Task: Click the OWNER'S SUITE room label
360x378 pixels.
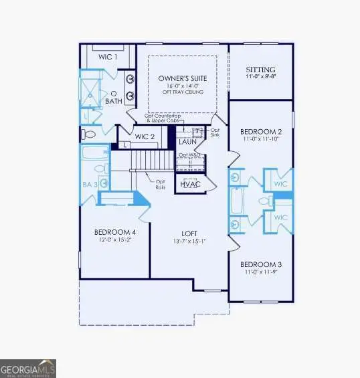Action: tap(182, 78)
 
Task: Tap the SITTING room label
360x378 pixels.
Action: tap(260, 70)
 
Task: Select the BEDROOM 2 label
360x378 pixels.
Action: tap(260, 132)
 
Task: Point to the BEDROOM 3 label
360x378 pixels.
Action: tap(260, 264)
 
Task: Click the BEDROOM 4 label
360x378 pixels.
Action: tap(113, 231)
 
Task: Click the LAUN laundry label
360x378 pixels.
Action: tap(187, 142)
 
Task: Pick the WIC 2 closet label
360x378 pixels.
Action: tap(145, 137)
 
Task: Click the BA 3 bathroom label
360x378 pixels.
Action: tap(90, 183)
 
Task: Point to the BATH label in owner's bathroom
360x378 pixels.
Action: tap(114, 101)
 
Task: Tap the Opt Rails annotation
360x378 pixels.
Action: tap(161, 185)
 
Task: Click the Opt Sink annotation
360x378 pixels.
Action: tap(215, 132)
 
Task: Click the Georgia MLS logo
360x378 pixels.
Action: tap(28, 369)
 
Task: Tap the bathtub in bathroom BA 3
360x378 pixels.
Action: tap(92, 155)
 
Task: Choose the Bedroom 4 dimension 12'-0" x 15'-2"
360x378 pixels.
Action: tap(113, 239)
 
